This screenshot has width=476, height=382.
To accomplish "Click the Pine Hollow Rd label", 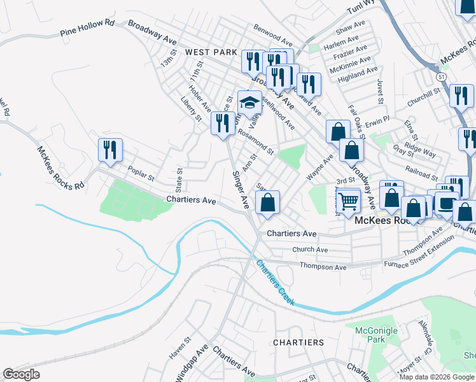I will click(87, 32).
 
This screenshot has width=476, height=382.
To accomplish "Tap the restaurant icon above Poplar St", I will click(109, 150).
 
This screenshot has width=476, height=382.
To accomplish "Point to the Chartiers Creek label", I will click(275, 281).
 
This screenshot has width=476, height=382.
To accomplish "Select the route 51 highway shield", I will click(440, 76).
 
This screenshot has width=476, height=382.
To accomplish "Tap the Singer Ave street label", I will click(240, 189).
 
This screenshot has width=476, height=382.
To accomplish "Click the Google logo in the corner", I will click(22, 374).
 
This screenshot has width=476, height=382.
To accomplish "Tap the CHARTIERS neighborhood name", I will click(298, 343).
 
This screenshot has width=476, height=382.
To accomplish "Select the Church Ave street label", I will click(310, 250).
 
